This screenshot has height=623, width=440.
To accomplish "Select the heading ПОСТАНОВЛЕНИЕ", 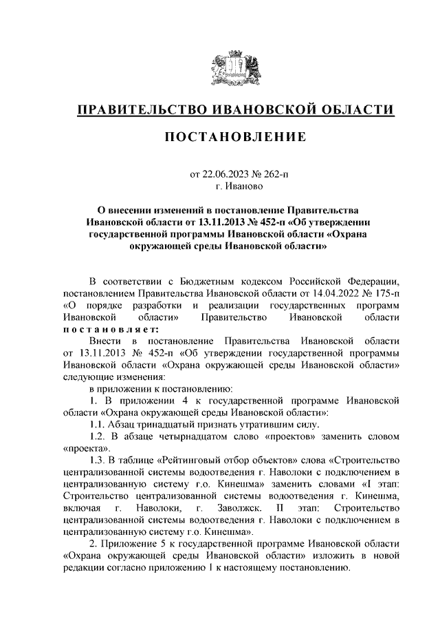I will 235,138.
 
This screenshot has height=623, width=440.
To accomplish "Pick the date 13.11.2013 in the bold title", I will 225,222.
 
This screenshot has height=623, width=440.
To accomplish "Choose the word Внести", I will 104,341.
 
